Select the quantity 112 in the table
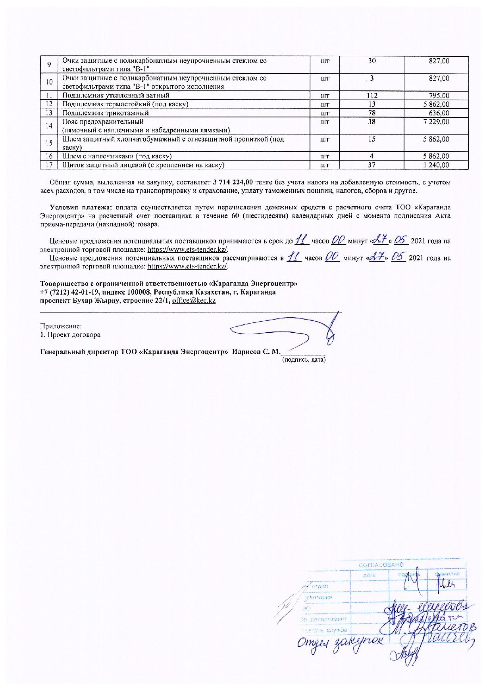click(372, 95)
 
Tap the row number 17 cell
click(49, 165)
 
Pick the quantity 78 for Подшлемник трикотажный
click(372, 113)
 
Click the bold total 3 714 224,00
click(233, 182)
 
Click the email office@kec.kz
click(194, 301)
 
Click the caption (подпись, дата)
click(304, 360)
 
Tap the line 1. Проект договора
click(70, 335)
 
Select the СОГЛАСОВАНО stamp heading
click(381, 565)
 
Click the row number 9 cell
click(49, 65)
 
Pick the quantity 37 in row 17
click(372, 165)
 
